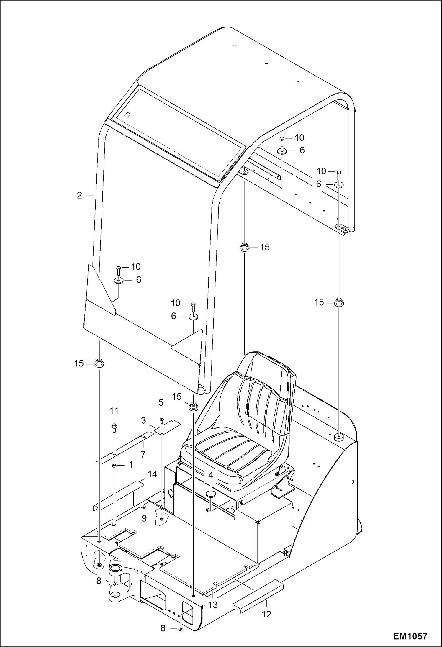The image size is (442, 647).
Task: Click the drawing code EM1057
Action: (410, 636)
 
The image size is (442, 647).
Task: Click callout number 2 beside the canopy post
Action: (79, 195)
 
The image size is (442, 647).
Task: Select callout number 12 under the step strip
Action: (266, 614)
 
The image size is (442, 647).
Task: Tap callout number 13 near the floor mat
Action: (213, 605)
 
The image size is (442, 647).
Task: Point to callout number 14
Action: (152, 474)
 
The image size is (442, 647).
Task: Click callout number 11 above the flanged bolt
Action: (114, 411)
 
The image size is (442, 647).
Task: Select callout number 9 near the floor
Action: (144, 518)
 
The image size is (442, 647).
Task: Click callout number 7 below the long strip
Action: (143, 454)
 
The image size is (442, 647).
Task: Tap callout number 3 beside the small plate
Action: (143, 420)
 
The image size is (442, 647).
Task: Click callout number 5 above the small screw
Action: (161, 402)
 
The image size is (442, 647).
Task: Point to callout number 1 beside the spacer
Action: (131, 465)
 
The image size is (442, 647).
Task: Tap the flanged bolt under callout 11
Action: (114, 427)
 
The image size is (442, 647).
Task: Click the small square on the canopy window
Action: (127, 115)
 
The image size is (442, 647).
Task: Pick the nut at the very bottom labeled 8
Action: (181, 629)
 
